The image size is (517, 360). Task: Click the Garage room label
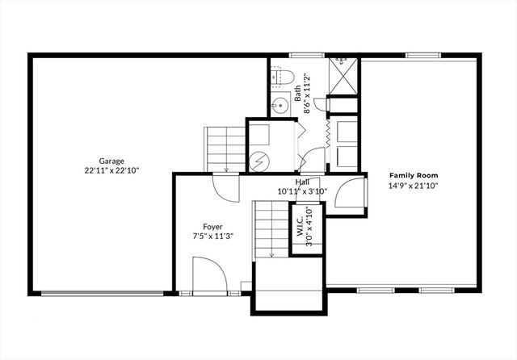[x=112, y=161]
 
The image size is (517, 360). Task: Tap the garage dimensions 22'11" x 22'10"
[x=112, y=170]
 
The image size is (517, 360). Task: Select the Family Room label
[x=414, y=175]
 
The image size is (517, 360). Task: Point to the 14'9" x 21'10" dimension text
[x=414, y=185]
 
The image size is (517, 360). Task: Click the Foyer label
[x=212, y=227]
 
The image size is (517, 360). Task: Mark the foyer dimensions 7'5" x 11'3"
[x=212, y=237]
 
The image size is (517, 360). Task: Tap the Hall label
[x=302, y=182]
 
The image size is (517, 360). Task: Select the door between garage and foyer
[x=225, y=188]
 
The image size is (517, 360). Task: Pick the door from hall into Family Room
[x=349, y=195]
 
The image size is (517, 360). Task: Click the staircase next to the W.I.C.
[x=271, y=229]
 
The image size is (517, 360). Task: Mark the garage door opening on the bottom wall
[x=100, y=294]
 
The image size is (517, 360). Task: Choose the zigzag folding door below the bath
[x=327, y=133]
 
